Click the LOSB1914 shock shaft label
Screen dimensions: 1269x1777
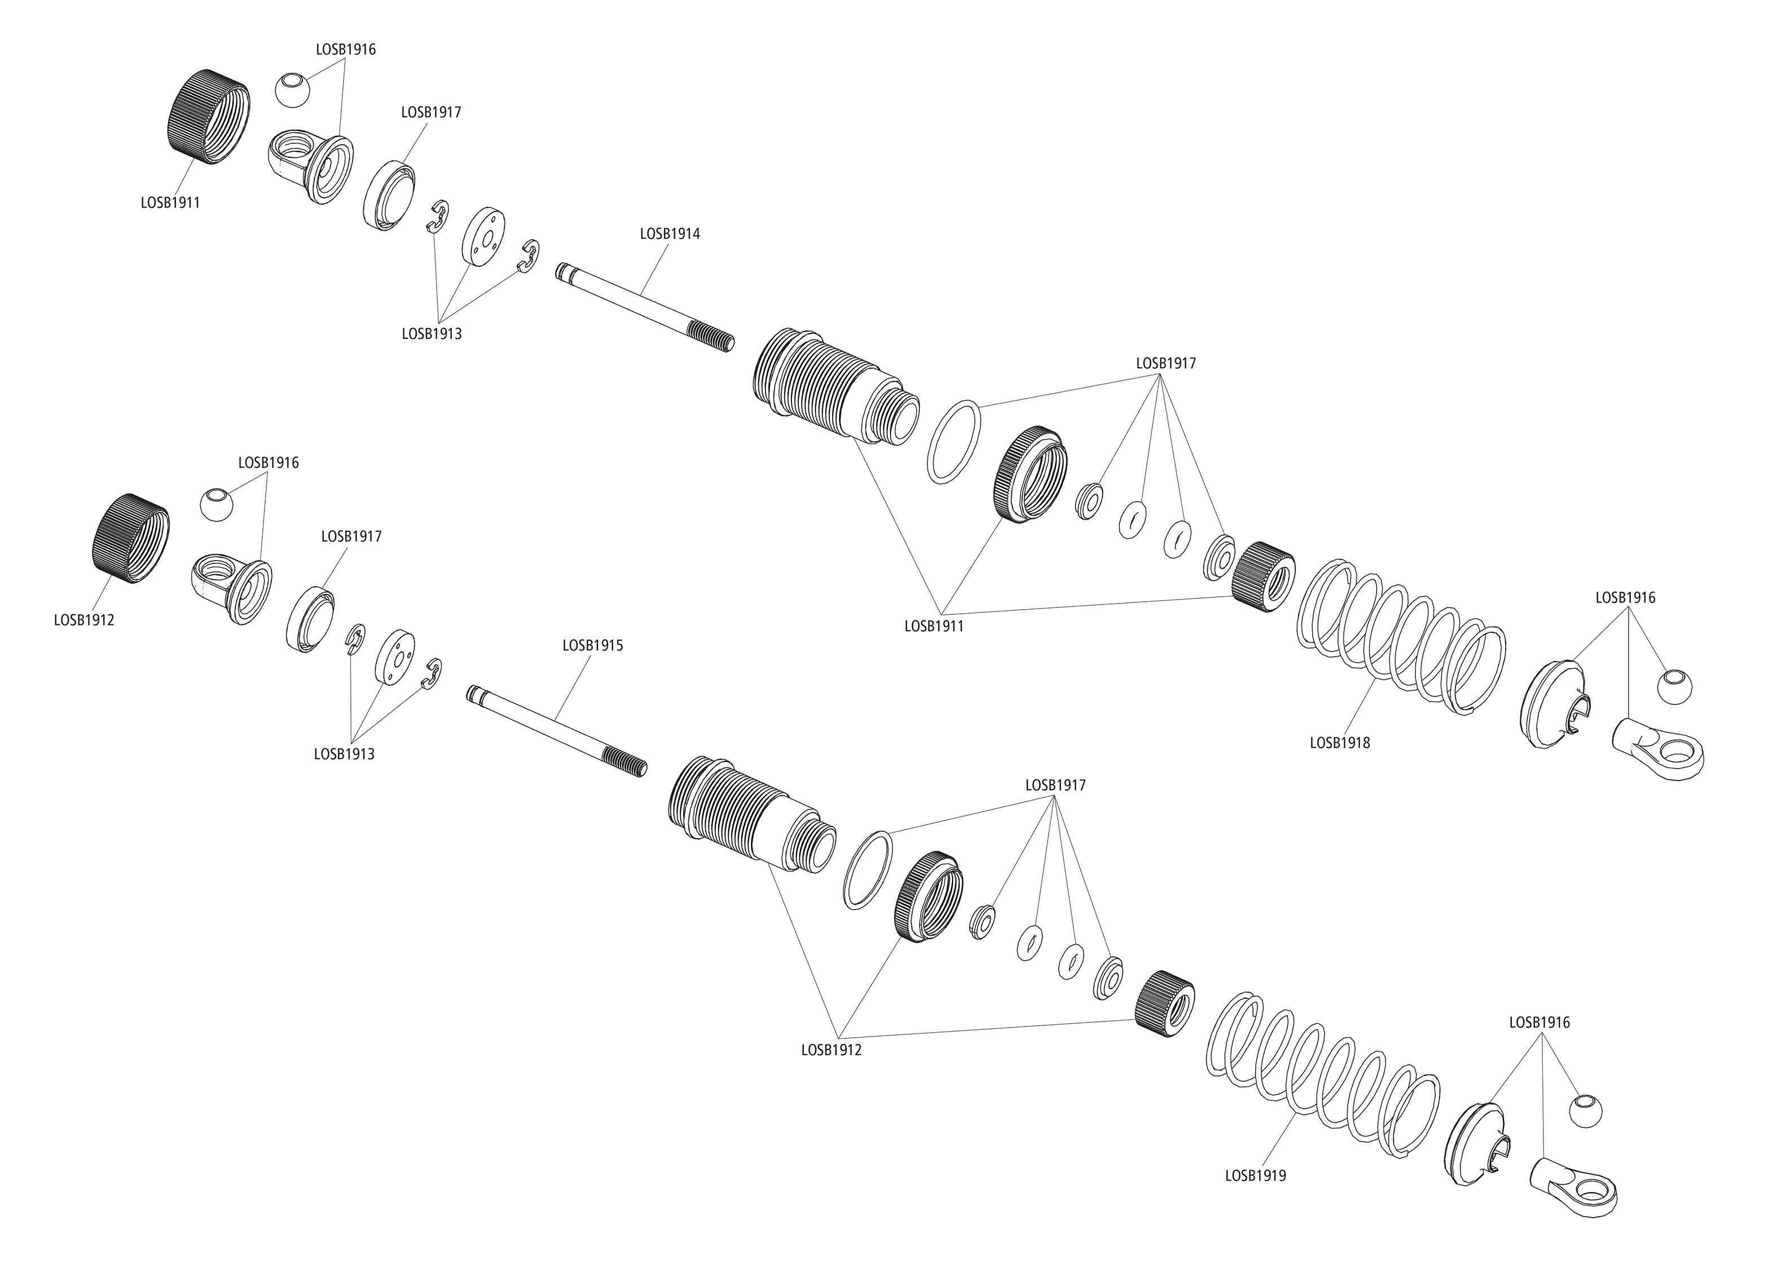point(670,233)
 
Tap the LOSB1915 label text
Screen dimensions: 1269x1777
point(592,646)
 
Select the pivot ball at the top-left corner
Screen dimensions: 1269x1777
point(293,91)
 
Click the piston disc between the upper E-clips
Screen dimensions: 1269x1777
point(485,239)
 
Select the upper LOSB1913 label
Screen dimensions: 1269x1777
point(432,334)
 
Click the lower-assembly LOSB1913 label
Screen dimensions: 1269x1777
point(344,754)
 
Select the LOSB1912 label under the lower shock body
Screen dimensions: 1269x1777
point(830,1050)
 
